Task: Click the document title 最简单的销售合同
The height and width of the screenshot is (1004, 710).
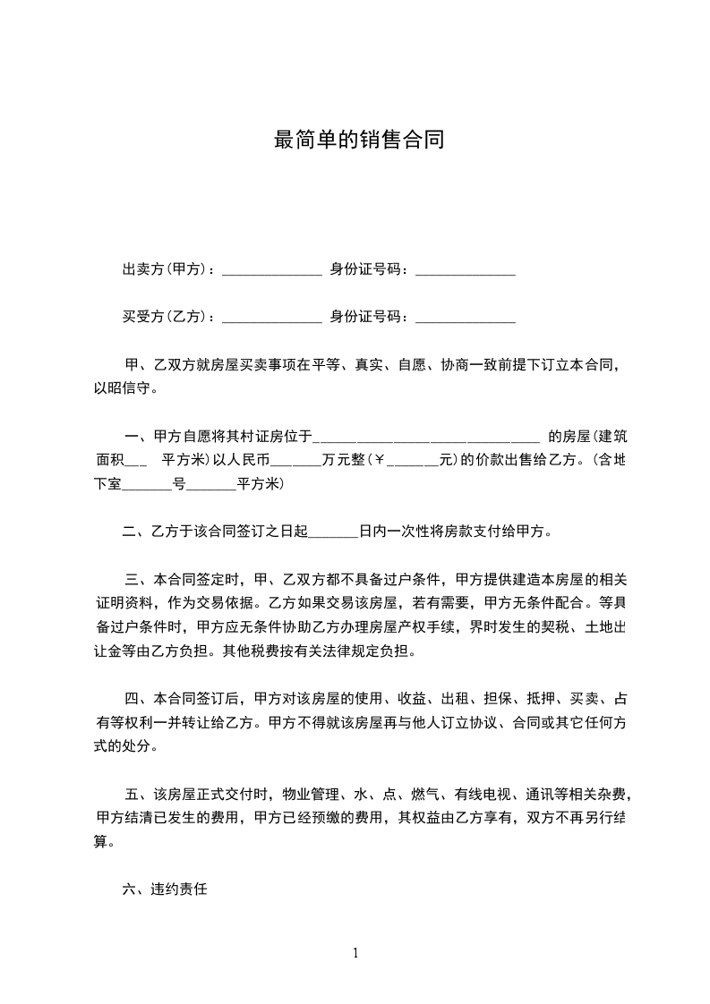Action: (x=358, y=140)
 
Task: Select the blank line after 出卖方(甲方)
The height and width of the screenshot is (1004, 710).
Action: (x=271, y=271)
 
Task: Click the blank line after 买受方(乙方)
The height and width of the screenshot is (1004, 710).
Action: (x=271, y=318)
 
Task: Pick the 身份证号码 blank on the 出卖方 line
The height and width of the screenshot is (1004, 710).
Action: (x=466, y=271)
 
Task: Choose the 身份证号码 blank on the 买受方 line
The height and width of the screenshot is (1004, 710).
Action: (x=466, y=318)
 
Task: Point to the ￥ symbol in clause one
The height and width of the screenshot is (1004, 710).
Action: (x=377, y=462)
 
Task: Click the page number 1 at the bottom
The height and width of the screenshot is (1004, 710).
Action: (x=355, y=952)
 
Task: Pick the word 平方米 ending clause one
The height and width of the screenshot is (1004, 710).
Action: (x=260, y=485)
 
